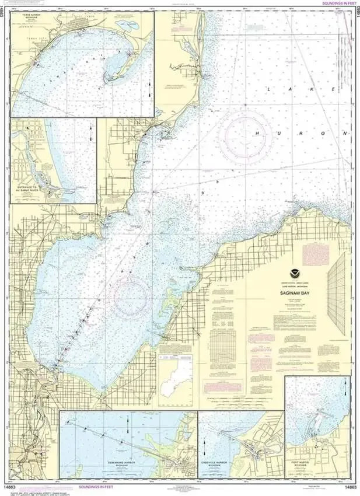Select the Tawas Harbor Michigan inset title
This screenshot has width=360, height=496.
pos(27,17)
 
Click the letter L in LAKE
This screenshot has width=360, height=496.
pos(270,89)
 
